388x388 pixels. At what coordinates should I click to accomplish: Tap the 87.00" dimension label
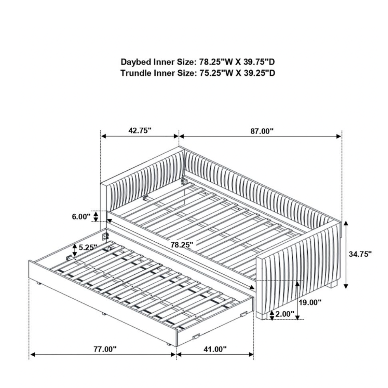click(262, 131)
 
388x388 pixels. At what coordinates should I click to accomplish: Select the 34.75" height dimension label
click(360, 254)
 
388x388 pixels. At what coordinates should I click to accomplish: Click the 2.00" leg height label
click(285, 314)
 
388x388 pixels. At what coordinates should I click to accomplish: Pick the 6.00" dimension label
click(81, 217)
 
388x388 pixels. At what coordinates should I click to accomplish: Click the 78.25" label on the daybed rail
click(182, 245)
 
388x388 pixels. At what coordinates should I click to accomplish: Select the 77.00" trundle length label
click(105, 349)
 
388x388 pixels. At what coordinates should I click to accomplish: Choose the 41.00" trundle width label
click(215, 349)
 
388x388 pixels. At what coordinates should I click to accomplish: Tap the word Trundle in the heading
click(136, 73)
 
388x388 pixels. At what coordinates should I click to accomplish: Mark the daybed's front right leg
click(261, 315)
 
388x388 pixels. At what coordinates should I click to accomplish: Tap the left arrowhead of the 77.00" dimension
click(33, 355)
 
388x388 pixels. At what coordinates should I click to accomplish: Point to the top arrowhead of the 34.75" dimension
click(346, 224)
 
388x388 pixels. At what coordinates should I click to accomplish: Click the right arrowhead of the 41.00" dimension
click(251, 355)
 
